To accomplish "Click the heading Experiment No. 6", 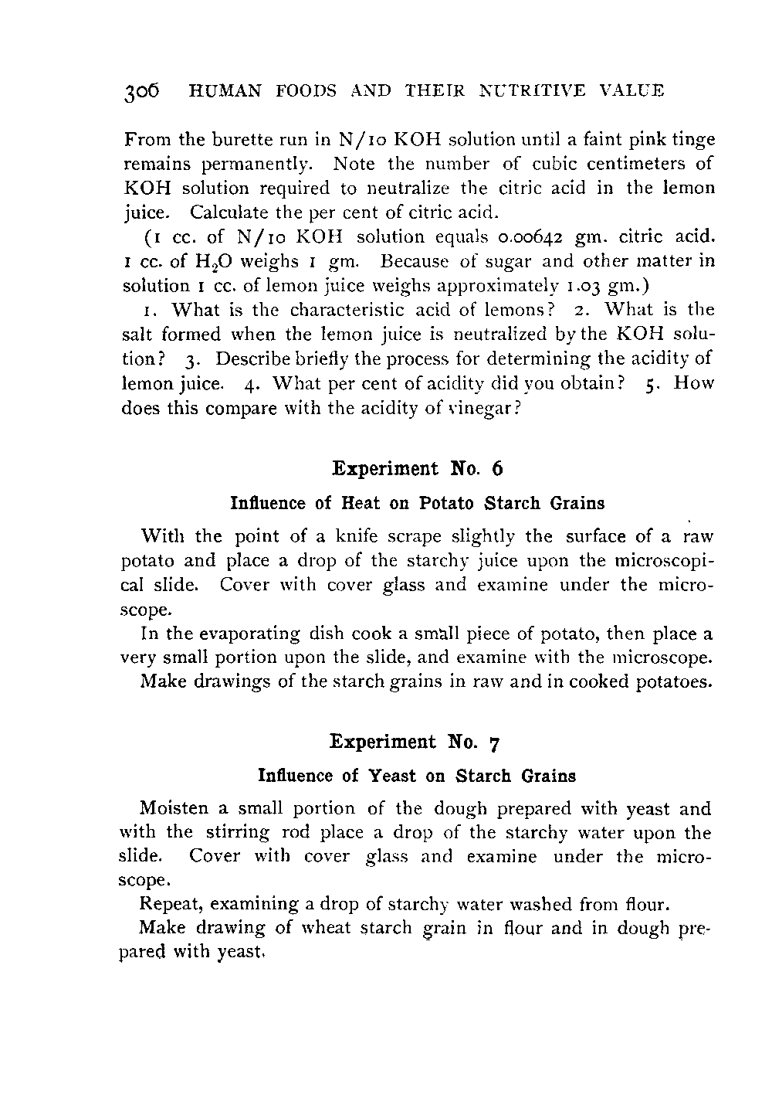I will pos(417,469).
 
